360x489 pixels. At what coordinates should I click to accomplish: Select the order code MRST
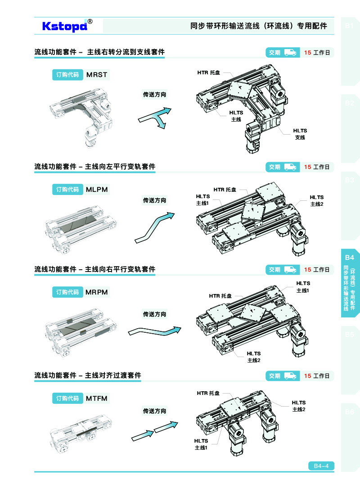pos(97,75)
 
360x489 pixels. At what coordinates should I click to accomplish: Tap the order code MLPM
pos(97,190)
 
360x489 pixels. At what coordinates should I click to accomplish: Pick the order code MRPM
pos(97,292)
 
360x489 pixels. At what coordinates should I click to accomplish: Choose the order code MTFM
pos(97,398)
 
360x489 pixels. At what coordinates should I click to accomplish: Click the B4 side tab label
pos(350,258)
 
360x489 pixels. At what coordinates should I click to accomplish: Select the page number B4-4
pos(321,466)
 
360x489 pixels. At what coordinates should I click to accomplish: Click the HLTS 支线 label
pos(300,134)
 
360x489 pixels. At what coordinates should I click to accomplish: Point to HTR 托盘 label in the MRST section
pos(209,72)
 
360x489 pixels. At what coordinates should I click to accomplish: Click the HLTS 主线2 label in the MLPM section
pos(317,201)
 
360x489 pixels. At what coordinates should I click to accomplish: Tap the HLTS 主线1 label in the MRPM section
pos(303,287)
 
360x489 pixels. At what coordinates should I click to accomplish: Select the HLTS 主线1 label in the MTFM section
pos(201,444)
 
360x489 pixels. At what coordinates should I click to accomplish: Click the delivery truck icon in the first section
pos(290,53)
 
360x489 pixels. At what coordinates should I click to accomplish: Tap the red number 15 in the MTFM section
pos(307,376)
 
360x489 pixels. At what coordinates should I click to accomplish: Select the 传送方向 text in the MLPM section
pos(154,200)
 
